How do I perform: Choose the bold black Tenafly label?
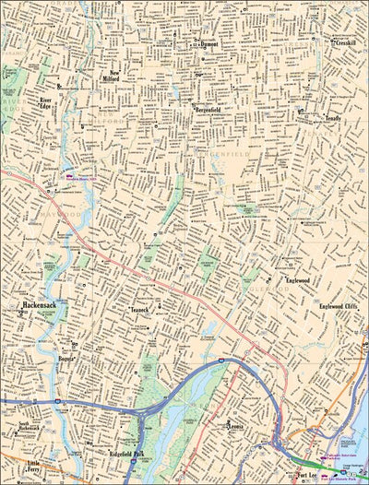[x=333, y=118]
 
